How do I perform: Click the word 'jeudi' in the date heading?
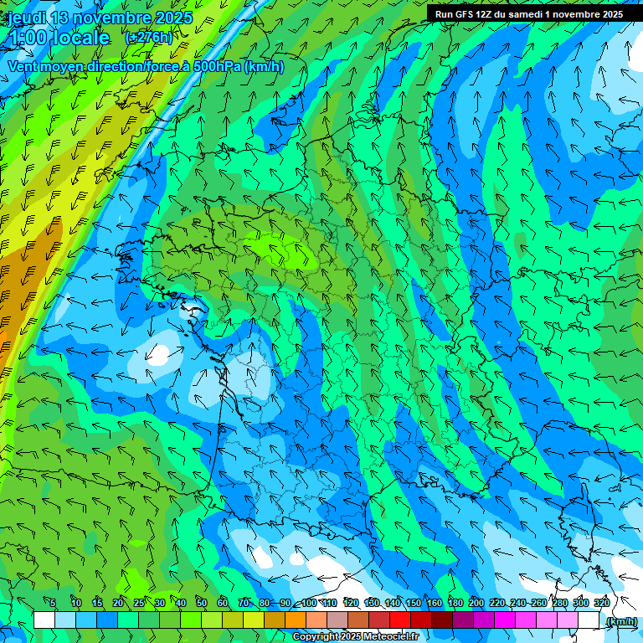(x=26, y=18)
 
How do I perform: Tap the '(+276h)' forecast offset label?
(x=148, y=37)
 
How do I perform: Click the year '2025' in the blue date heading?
(x=169, y=18)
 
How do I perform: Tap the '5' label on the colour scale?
(x=52, y=603)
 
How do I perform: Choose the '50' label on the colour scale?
(x=201, y=603)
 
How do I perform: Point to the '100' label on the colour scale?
(x=309, y=603)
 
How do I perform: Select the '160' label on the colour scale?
(x=435, y=603)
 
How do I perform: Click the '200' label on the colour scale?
(x=476, y=603)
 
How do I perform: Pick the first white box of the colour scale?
(x=44, y=620)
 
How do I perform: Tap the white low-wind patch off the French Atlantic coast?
(x=158, y=355)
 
